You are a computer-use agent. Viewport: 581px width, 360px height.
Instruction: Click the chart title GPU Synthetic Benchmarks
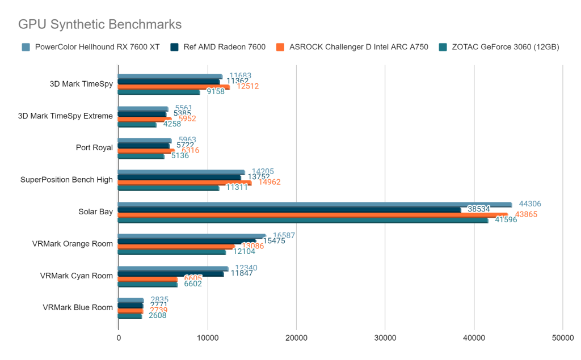point(100,24)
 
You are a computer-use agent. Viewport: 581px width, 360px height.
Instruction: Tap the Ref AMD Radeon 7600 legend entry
point(225,47)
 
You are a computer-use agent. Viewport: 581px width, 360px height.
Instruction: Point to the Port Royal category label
point(94,148)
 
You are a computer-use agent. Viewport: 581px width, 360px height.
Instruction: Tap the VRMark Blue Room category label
point(78,308)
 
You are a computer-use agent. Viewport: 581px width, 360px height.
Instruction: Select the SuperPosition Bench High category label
point(66,180)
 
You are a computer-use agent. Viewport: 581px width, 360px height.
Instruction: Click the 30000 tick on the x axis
point(385,338)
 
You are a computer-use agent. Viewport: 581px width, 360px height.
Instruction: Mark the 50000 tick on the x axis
point(562,338)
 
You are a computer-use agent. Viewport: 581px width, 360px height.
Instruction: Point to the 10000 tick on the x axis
point(207,338)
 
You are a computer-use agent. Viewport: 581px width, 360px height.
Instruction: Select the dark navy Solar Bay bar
point(289,209)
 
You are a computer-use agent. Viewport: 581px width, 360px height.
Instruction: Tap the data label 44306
point(531,204)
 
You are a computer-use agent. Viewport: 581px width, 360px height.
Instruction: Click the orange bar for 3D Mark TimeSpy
point(173,87)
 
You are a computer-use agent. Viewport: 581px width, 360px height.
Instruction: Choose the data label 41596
point(506,219)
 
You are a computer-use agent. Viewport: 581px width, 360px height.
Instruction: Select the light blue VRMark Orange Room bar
point(191,236)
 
